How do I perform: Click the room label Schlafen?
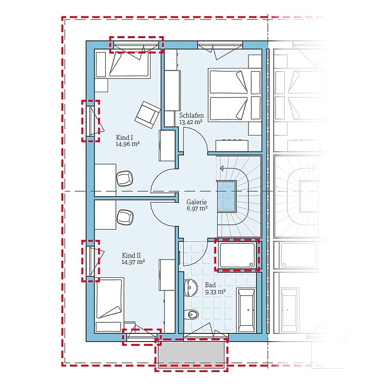[x=191, y=115]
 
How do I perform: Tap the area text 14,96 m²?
[x=128, y=144]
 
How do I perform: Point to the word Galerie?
[x=196, y=202]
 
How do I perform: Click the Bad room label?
[x=210, y=285]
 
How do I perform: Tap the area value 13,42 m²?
[x=191, y=122]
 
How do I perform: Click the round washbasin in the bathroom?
[x=190, y=287]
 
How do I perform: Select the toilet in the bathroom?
[x=191, y=315]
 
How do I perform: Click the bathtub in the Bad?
[x=246, y=310]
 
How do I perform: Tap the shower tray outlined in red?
[x=237, y=255]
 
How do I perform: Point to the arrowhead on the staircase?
[x=222, y=168]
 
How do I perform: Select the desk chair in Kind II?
[x=125, y=217]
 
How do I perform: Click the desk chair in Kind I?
[x=125, y=179]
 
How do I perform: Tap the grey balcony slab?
[x=191, y=353]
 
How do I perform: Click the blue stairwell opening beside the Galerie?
[x=226, y=196]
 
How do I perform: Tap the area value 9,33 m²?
[x=215, y=292]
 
